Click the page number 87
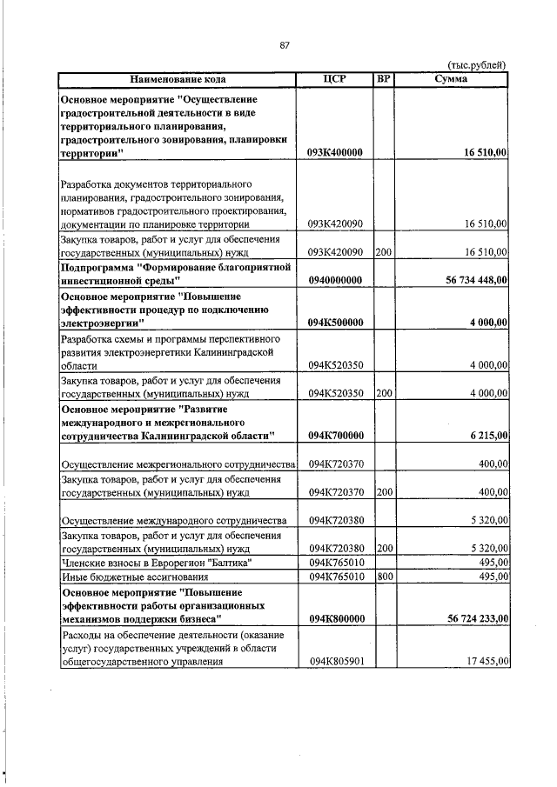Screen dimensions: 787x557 point(284,46)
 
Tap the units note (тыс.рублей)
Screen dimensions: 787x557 point(476,65)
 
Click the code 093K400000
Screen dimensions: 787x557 point(335,152)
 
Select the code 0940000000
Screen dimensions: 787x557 point(335,281)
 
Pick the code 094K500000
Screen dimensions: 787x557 point(335,323)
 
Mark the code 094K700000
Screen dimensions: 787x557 point(335,435)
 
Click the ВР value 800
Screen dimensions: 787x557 point(383,577)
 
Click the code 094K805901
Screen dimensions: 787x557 point(335,661)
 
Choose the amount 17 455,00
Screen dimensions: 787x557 point(486,661)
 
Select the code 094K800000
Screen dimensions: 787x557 point(335,618)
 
